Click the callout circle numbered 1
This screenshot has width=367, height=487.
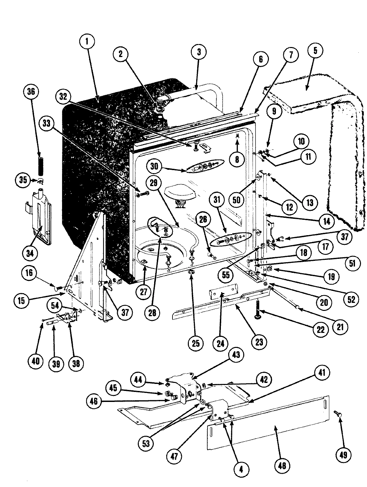coord(87,42)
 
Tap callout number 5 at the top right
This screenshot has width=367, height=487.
coord(316,50)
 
